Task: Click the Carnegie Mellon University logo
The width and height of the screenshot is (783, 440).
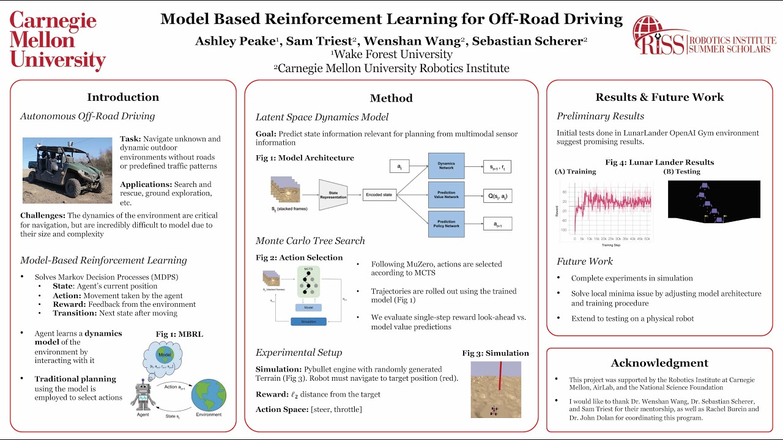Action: coord(58,41)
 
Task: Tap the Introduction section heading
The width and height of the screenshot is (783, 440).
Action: coord(123,97)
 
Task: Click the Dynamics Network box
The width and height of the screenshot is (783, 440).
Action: coord(446,165)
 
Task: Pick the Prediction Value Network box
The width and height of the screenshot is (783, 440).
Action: coord(446,194)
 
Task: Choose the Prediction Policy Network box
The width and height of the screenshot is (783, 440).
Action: coord(446,223)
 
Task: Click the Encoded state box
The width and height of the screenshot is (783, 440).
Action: coord(379,194)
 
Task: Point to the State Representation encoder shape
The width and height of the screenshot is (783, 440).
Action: coord(333,195)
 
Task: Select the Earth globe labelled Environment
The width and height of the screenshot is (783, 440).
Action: coord(209,395)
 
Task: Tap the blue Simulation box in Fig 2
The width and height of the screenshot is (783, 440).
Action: coord(308,321)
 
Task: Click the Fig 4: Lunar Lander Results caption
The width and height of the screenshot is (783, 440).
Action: coord(659,162)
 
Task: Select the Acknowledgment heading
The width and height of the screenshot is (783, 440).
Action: coord(659,363)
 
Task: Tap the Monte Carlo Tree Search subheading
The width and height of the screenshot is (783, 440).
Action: coord(310,241)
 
